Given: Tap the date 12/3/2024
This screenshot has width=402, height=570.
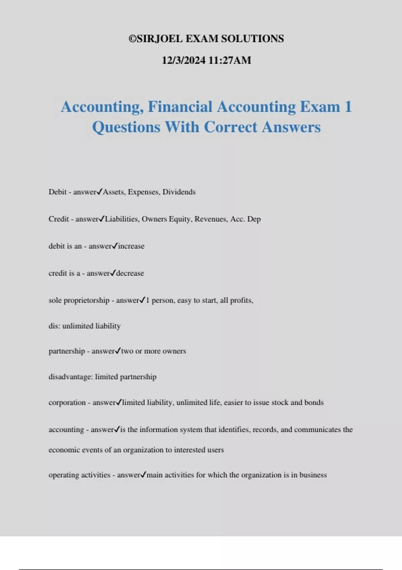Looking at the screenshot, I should tap(184, 60).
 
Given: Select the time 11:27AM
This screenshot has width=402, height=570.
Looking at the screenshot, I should tap(230, 60).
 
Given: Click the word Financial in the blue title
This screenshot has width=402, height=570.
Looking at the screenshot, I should tap(180, 107).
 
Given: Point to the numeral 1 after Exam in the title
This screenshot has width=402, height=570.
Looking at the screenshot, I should tap(348, 107).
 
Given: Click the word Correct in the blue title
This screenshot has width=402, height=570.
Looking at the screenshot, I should tap(231, 127).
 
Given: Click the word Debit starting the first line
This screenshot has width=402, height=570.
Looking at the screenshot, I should tap(58, 192).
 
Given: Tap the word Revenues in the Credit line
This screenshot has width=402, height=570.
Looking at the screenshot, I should tap(211, 219).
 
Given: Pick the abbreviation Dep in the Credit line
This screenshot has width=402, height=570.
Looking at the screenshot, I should tap(254, 220).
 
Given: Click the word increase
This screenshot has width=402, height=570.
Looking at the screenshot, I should tap(131, 246).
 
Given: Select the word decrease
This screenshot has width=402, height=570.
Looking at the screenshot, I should tap(130, 273).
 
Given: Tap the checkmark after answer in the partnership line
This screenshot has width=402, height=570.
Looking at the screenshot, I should tap(118, 351).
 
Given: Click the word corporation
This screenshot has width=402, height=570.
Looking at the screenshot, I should tap(67, 403).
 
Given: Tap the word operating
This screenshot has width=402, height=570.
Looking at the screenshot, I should tap(62, 475).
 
